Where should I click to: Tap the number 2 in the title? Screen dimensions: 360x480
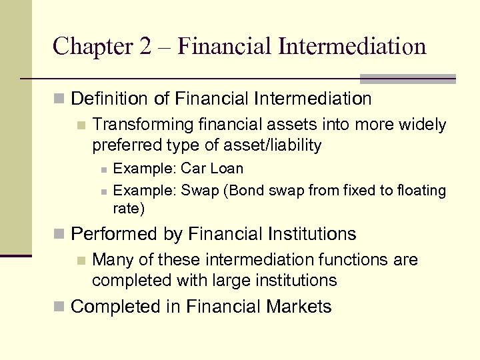tap(145, 46)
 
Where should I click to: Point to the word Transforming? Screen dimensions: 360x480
tap(137, 125)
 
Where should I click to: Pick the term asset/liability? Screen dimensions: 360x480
tap(271, 145)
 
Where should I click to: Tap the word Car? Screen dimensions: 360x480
tap(194, 169)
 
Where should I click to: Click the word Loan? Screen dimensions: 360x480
tap(227, 169)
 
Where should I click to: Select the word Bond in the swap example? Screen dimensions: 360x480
tap(247, 191)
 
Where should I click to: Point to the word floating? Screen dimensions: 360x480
tap(421, 191)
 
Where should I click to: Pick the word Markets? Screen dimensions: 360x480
tap(299, 307)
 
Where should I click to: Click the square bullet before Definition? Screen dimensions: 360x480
tap(61, 100)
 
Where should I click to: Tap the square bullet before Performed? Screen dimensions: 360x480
tap(61, 235)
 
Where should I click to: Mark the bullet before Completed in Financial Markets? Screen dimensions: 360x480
tap(61, 307)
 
